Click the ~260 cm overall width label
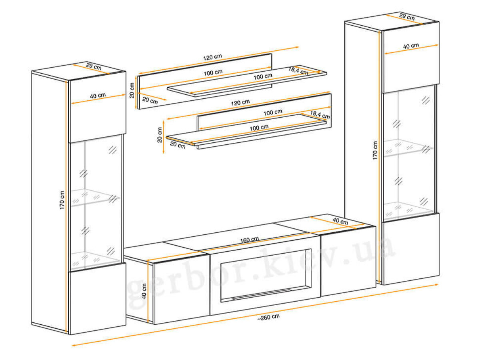click(x=268, y=317)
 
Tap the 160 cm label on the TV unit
click(x=249, y=240)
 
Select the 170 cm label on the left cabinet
click(x=62, y=200)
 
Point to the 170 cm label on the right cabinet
click(x=375, y=150)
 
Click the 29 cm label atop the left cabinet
click(x=94, y=66)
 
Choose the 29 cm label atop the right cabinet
click(x=407, y=17)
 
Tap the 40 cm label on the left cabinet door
click(x=98, y=96)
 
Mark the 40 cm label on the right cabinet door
click(x=411, y=46)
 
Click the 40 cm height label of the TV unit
click(x=144, y=291)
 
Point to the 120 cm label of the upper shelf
click(x=212, y=57)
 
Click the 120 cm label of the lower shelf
click(x=240, y=102)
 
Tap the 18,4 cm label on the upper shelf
click(x=298, y=71)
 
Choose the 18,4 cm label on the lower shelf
click(x=320, y=114)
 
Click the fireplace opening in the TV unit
click(x=266, y=276)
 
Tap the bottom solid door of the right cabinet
click(x=411, y=249)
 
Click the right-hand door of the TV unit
click(x=348, y=261)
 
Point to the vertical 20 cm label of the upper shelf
click(x=132, y=90)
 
